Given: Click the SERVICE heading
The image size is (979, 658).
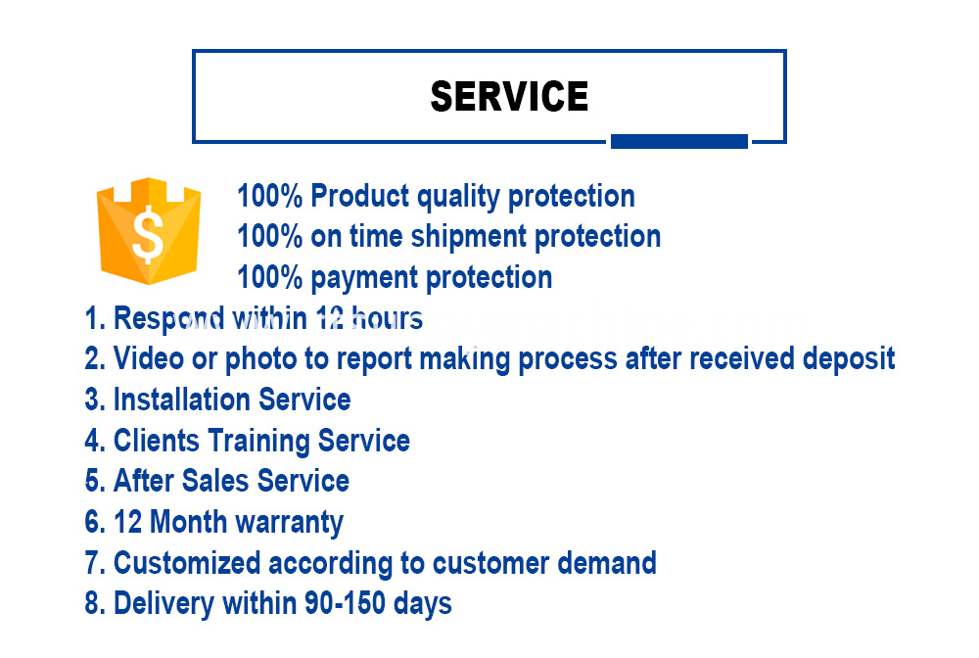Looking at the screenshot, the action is [x=509, y=96].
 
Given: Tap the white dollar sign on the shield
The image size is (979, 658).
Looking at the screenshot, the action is [x=148, y=233].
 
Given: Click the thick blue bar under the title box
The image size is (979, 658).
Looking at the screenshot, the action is [x=678, y=141].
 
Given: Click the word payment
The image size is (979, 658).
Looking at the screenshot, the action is [x=364, y=278].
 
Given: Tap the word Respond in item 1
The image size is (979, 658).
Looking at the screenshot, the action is [x=168, y=319].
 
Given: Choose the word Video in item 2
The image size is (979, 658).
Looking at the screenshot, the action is [x=149, y=358].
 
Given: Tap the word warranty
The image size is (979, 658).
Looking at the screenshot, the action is [x=290, y=523].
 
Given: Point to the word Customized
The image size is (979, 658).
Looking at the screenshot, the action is [x=187, y=563].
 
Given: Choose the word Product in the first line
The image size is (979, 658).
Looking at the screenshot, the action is [x=359, y=196].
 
